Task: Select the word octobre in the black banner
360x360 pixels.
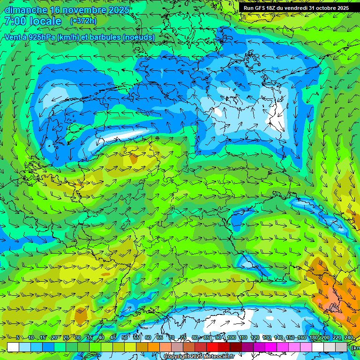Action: pyautogui.click(x=326, y=8)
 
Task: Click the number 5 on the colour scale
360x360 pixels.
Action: pyautogui.click(x=18, y=338)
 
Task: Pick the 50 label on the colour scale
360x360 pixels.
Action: pyautogui.click(x=124, y=338)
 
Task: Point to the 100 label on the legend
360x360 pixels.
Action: pyautogui.click(x=232, y=338)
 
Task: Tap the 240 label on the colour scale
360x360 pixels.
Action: pyautogui.click(x=349, y=338)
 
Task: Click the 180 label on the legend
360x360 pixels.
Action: pyautogui.click(x=313, y=338)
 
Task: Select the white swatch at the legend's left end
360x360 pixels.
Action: pyautogui.click(x=13, y=347)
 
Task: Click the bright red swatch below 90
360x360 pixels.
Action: pyautogui.click(x=212, y=347)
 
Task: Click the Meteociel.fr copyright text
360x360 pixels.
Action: pyautogui.click(x=199, y=357)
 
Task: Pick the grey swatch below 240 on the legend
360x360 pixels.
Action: pyautogui.click(x=341, y=347)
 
